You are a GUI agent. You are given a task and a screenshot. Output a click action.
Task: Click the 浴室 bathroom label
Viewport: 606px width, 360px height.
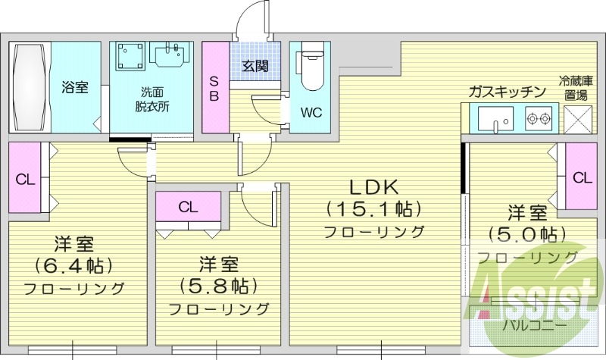click(x=75, y=88)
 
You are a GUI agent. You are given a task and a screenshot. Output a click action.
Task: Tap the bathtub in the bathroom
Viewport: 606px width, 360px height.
click(x=30, y=88)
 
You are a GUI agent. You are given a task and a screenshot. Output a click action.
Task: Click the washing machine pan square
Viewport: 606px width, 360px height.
click(x=130, y=58)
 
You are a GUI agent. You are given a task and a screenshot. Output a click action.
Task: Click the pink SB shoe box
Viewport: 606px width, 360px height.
click(x=214, y=88)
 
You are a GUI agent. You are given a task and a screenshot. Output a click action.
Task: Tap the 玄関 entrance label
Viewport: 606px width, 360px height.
click(x=255, y=66)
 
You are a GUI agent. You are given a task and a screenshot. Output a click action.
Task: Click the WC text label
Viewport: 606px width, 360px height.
click(x=311, y=113)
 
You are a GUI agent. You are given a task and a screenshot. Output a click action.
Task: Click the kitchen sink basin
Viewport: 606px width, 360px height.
click(x=493, y=119)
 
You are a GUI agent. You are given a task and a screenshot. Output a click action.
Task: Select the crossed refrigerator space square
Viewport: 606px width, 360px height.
click(x=579, y=120)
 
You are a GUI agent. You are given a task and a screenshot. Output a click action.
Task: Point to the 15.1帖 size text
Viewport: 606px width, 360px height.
click(x=373, y=208)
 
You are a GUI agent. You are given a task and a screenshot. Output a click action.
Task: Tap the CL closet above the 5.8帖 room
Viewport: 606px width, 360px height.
click(x=189, y=207)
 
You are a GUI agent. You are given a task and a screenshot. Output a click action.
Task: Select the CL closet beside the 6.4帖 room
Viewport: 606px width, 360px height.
click(x=25, y=180)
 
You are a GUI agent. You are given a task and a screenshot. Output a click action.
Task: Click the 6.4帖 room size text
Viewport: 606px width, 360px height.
click(x=73, y=266)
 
